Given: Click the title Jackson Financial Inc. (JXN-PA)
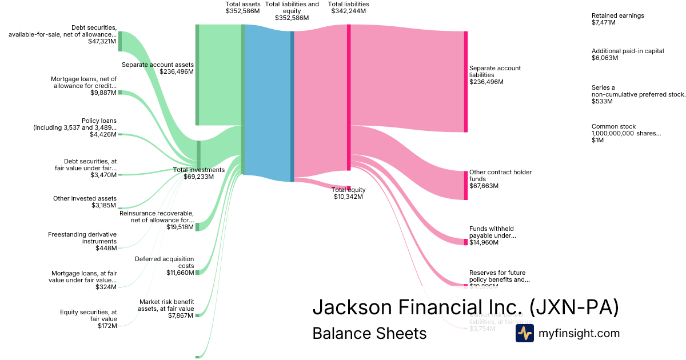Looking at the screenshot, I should pyautogui.click(x=465, y=307).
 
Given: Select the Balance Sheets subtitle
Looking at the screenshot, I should pyautogui.click(x=369, y=333).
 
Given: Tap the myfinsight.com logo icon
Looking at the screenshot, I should pyautogui.click(x=524, y=333).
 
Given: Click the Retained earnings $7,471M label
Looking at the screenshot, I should pyautogui.click(x=617, y=19).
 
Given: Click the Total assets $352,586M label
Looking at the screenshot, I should pyautogui.click(x=243, y=7).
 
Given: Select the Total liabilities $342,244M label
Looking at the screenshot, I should pyautogui.click(x=348, y=7).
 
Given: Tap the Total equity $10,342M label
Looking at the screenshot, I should pyautogui.click(x=348, y=193).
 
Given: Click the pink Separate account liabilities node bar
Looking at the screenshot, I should pyautogui.click(x=466, y=82).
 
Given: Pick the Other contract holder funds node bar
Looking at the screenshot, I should pyautogui.click(x=466, y=185).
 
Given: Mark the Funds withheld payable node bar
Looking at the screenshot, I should pyautogui.click(x=466, y=242).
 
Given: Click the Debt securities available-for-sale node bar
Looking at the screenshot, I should pyautogui.click(x=120, y=42).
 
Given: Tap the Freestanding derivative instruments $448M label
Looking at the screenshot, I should pyautogui.click(x=82, y=241).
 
